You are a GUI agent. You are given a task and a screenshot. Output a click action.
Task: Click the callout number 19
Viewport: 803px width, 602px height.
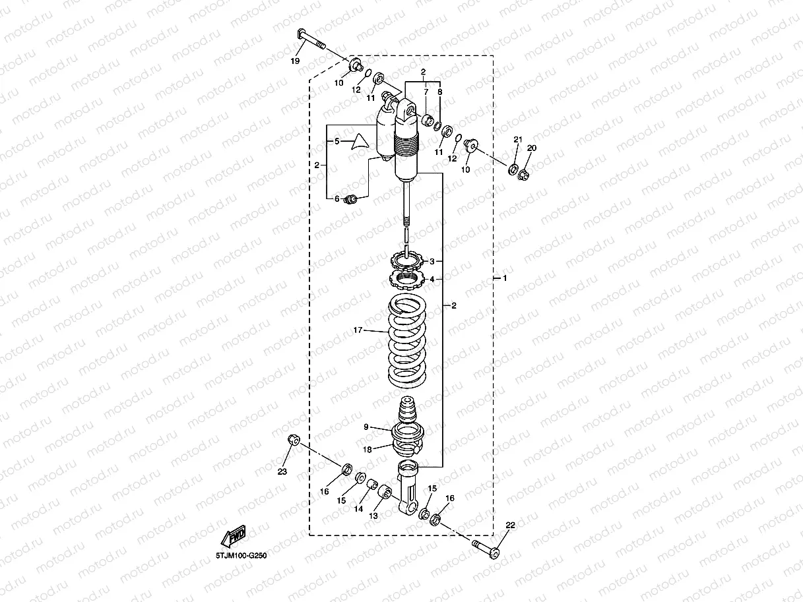tap(295, 61)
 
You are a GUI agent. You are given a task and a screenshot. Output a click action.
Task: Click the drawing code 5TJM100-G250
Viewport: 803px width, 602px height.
tap(241, 556)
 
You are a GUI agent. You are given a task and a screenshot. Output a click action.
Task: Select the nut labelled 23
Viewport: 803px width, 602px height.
tap(294, 440)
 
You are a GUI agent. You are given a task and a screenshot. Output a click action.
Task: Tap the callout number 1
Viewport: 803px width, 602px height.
tap(505, 279)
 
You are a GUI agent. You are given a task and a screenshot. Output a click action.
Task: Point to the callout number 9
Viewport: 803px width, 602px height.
tap(366, 427)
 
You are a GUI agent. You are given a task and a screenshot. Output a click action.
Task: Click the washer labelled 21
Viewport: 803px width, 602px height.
tap(513, 169)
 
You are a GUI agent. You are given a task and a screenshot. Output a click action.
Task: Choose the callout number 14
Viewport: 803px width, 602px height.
tap(358, 509)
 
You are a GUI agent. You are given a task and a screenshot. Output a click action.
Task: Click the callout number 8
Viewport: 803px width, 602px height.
tap(440, 93)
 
